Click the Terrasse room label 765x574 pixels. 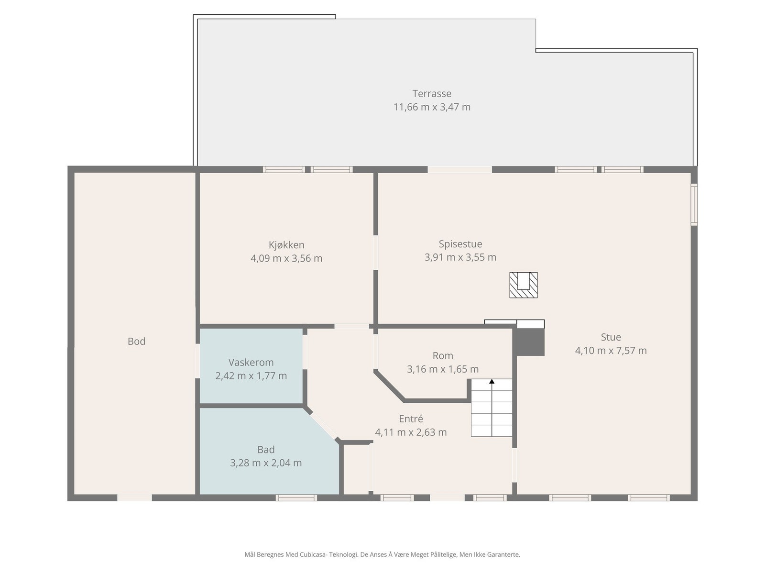[432, 94]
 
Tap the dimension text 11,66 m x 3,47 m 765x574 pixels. [432, 107]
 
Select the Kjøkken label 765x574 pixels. [286, 245]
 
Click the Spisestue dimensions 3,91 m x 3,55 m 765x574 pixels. [460, 257]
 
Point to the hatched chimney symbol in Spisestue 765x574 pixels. [523, 285]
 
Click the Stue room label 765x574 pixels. [611, 337]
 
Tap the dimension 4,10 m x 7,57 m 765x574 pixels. [611, 351]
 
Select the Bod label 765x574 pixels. [136, 342]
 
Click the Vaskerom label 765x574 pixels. [251, 363]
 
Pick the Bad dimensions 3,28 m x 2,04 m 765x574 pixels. [266, 463]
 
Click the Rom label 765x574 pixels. [443, 356]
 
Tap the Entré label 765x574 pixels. [411, 419]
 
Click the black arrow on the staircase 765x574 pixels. [492, 382]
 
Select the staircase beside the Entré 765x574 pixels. [492, 409]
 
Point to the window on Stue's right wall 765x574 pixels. [694, 205]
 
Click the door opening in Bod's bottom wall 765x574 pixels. [134, 498]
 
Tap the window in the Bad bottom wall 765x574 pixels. [296, 498]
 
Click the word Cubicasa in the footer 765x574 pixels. [313, 555]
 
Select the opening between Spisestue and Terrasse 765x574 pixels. [459, 169]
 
